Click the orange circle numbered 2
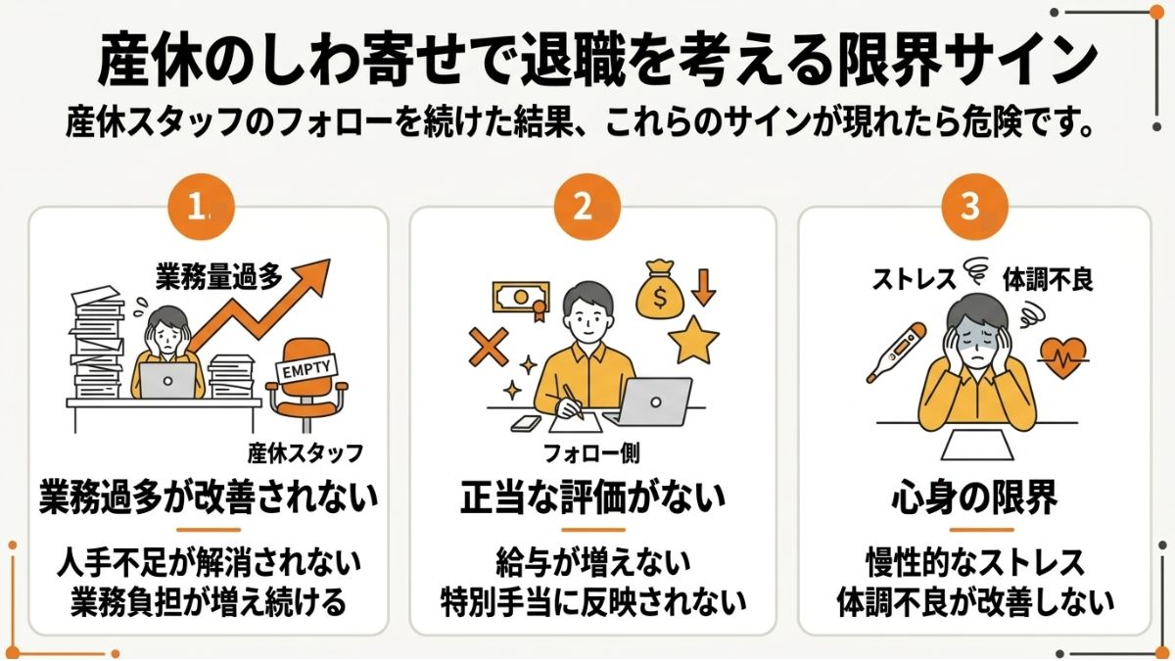coord(582,207)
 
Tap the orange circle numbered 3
coord(969,207)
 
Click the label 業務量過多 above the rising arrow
coord(219,277)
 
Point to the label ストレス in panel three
coord(914,280)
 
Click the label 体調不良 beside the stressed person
coord(1047,280)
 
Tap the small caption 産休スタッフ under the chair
coord(305,452)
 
